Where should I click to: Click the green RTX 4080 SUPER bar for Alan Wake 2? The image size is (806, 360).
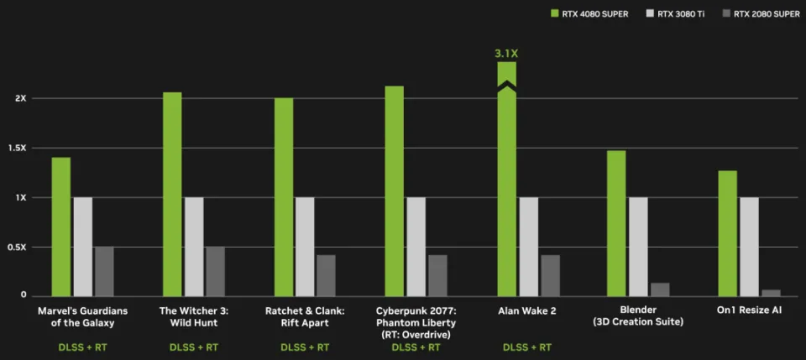[506, 193]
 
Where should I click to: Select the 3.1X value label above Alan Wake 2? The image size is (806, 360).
[506, 54]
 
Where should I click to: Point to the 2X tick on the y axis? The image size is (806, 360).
[21, 98]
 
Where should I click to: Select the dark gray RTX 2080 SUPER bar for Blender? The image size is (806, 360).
[660, 289]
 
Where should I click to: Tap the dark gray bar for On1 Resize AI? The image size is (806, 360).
[771, 292]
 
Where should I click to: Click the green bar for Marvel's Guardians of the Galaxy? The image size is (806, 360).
[61, 227]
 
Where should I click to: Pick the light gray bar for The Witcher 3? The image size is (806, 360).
[194, 246]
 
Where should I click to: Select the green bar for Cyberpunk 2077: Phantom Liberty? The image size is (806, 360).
[394, 190]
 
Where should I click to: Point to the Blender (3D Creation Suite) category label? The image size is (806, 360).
[638, 316]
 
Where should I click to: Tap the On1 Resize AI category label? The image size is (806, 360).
[749, 310]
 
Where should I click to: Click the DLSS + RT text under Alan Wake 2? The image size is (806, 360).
[527, 347]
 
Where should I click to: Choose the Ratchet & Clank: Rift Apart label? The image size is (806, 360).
[305, 316]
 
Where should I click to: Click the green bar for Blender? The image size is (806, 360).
[616, 222]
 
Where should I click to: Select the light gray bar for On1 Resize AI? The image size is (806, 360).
[749, 246]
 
